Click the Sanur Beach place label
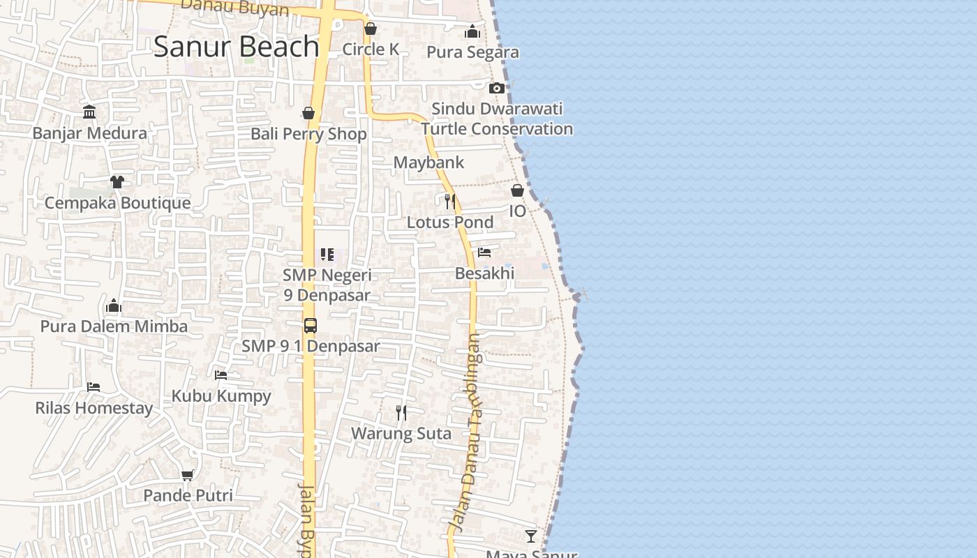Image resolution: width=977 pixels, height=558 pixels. coord(236,46)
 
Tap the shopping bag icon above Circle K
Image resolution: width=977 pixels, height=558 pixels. coord(371,29)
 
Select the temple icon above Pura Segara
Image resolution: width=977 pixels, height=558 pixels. coord(472,32)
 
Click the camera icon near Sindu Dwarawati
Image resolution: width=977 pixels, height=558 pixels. coord(497,88)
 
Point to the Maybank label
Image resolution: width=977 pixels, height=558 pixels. coord(428,163)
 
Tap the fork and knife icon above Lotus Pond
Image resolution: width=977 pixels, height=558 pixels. coord(450,202)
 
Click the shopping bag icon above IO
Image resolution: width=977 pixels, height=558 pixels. coord(518,190)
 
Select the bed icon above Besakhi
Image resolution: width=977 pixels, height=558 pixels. coord(484,252)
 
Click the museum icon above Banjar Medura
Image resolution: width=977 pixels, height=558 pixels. coord(89,112)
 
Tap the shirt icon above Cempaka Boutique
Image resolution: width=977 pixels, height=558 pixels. coord(117,182)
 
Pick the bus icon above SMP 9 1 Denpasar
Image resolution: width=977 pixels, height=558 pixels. coord(311,326)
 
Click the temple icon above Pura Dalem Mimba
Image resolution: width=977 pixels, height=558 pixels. coord(114,306)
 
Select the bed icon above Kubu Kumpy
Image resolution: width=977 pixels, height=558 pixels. coord(221,375)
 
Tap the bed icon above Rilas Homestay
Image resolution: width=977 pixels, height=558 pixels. coord(94,386)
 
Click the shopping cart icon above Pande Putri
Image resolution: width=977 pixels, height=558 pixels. coord(187,475)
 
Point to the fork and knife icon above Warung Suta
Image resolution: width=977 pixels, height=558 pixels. coord(401,413)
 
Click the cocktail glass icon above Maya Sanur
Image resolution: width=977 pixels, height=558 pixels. coord(531,536)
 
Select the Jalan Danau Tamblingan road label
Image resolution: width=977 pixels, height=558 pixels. coord(468,432)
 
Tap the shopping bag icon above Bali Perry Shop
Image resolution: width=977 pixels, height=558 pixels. coord(308,113)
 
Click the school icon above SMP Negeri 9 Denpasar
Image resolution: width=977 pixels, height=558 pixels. coord(327,255)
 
